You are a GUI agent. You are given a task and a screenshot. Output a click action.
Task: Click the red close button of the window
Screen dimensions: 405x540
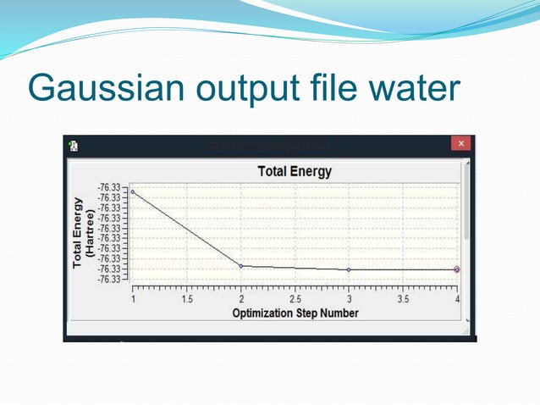coord(461,145)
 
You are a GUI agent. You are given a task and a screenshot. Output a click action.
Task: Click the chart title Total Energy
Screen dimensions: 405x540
coord(294,171)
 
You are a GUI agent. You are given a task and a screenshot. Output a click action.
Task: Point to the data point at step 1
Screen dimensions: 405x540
coord(132,191)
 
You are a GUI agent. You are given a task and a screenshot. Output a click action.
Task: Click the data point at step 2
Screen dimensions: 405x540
coord(241,266)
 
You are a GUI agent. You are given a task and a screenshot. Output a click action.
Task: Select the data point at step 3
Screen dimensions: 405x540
coord(349,269)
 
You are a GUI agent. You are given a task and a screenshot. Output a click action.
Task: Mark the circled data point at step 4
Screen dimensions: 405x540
coord(457,269)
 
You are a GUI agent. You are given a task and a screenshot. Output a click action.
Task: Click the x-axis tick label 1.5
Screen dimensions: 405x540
coord(186,300)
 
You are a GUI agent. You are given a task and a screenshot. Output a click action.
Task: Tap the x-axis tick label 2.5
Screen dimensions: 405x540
coord(295,300)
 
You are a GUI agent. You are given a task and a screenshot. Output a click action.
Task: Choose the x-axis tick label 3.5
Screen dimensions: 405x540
coord(403,300)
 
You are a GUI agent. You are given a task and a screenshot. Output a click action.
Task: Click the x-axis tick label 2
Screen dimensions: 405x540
coord(241,300)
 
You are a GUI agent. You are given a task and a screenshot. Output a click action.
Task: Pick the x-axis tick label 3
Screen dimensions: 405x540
coord(349,300)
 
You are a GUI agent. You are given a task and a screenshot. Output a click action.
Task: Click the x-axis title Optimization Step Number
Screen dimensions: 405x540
coord(295,313)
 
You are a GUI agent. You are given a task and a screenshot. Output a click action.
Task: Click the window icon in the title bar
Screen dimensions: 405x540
coord(74,146)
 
